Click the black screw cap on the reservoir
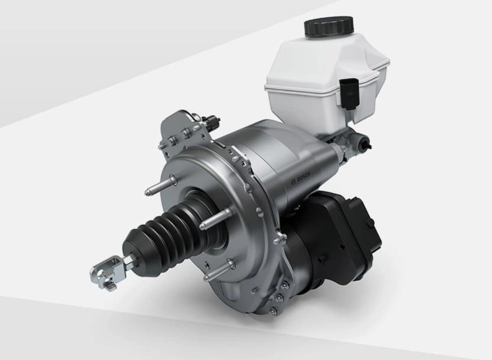329,27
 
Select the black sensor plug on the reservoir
348,94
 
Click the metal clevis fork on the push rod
106,273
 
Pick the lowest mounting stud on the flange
219,270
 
